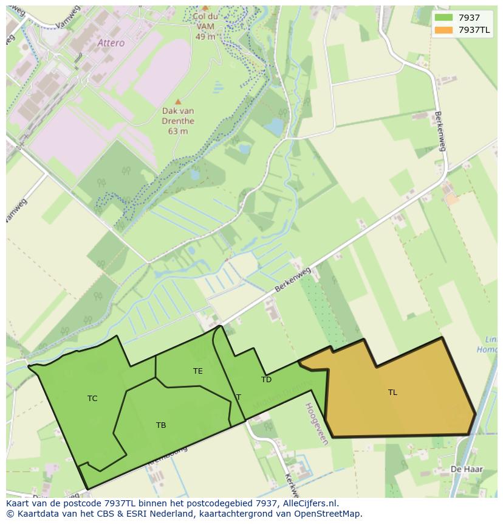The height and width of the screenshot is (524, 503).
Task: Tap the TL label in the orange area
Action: point(392,393)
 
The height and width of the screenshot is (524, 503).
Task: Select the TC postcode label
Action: point(92,399)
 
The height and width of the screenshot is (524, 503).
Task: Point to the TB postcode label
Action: point(161,425)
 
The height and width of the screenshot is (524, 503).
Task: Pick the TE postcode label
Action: point(198,371)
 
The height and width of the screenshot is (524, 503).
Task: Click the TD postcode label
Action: point(266,380)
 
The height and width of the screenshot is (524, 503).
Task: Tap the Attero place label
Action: point(111,43)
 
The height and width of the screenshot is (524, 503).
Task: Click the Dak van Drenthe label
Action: point(178,121)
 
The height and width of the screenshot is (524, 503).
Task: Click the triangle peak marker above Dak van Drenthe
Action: point(178,102)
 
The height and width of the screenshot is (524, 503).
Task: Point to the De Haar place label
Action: point(462,469)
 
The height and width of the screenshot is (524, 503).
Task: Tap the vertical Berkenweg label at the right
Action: point(440,131)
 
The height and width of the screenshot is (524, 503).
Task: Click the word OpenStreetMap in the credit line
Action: point(330,514)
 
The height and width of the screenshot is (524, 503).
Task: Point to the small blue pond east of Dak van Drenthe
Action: point(275,127)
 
